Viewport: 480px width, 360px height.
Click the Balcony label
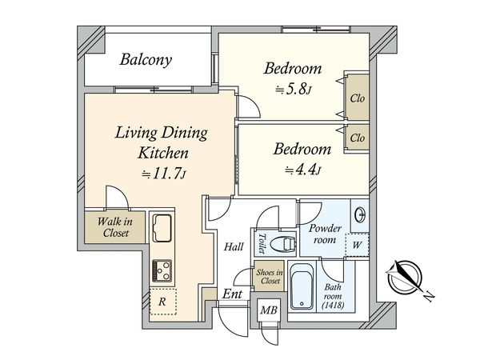click(146, 59)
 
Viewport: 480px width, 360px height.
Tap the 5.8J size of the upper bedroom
click(294, 90)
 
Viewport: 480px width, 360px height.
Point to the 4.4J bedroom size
click(302, 170)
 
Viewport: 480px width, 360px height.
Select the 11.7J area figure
click(163, 174)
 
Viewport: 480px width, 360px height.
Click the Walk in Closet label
click(115, 227)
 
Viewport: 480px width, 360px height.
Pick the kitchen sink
click(162, 227)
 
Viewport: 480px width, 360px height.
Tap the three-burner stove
click(162, 270)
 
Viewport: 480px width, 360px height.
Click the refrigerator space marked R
click(162, 302)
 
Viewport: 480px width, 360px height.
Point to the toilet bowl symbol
click(283, 244)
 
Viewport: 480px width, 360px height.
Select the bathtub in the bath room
click(302, 286)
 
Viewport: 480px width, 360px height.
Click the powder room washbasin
click(360, 214)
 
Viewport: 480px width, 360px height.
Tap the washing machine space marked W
click(357, 245)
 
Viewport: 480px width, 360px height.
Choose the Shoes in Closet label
click(269, 277)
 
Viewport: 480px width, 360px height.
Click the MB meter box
click(269, 310)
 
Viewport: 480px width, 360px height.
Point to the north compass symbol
click(405, 277)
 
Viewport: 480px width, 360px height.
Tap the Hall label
click(234, 246)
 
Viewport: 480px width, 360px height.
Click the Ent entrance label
click(232, 294)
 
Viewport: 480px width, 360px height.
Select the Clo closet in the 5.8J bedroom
click(358, 98)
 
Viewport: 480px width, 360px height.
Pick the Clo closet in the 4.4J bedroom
click(358, 138)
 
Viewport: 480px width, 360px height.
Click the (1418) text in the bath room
click(333, 305)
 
